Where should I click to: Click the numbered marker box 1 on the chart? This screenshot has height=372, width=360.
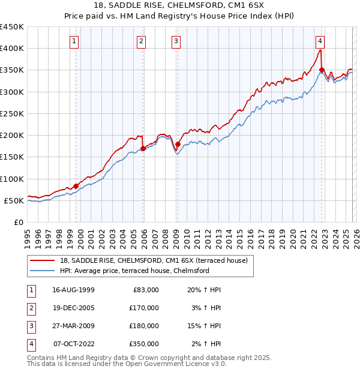click(73, 41)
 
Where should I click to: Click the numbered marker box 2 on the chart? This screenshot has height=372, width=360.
click(141, 41)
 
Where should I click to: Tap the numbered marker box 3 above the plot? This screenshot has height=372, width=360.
click(176, 41)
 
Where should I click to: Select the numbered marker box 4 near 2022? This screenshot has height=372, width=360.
click(320, 41)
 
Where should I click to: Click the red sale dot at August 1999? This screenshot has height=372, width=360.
click(76, 186)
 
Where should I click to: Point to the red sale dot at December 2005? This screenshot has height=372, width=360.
click(143, 148)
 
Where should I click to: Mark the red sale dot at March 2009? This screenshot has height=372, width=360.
click(178, 144)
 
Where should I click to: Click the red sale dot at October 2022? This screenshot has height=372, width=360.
click(322, 70)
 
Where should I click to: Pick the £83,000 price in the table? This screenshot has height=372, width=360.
click(145, 290)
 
